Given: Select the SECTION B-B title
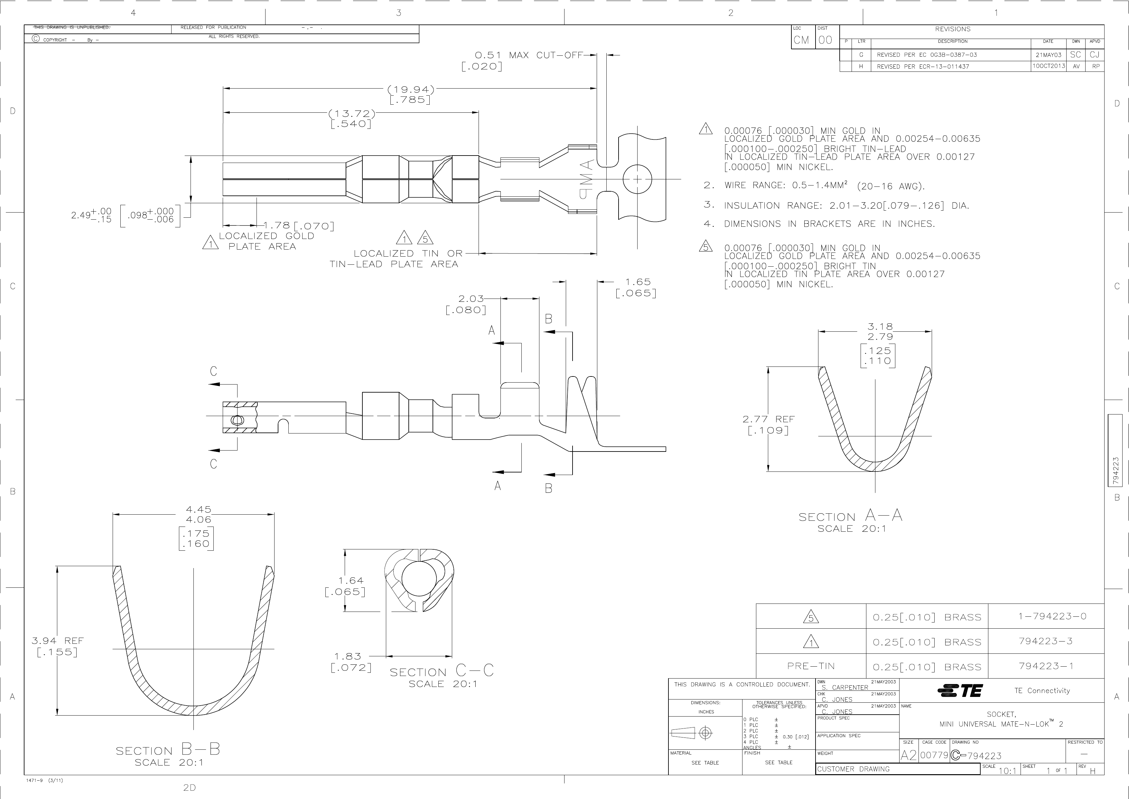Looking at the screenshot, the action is [168, 750].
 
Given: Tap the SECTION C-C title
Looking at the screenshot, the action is [442, 671].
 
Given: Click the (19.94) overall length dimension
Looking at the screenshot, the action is [411, 90].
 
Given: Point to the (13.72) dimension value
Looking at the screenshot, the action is [351, 114].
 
